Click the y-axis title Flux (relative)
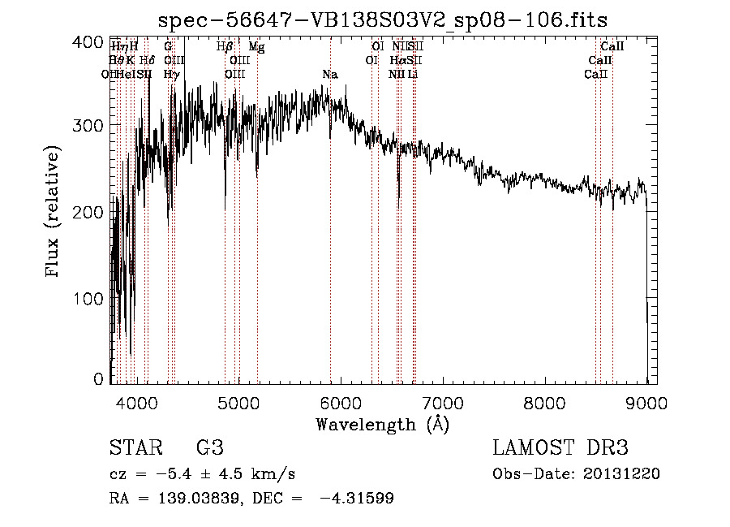54,213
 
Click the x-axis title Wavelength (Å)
382,424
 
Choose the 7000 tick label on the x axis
443,403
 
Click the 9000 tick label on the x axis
646,403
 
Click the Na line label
329,75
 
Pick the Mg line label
256,47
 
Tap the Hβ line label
225,47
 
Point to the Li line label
413,74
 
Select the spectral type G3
209,448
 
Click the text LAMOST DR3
560,448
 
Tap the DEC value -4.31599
357,499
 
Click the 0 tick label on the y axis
98,379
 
